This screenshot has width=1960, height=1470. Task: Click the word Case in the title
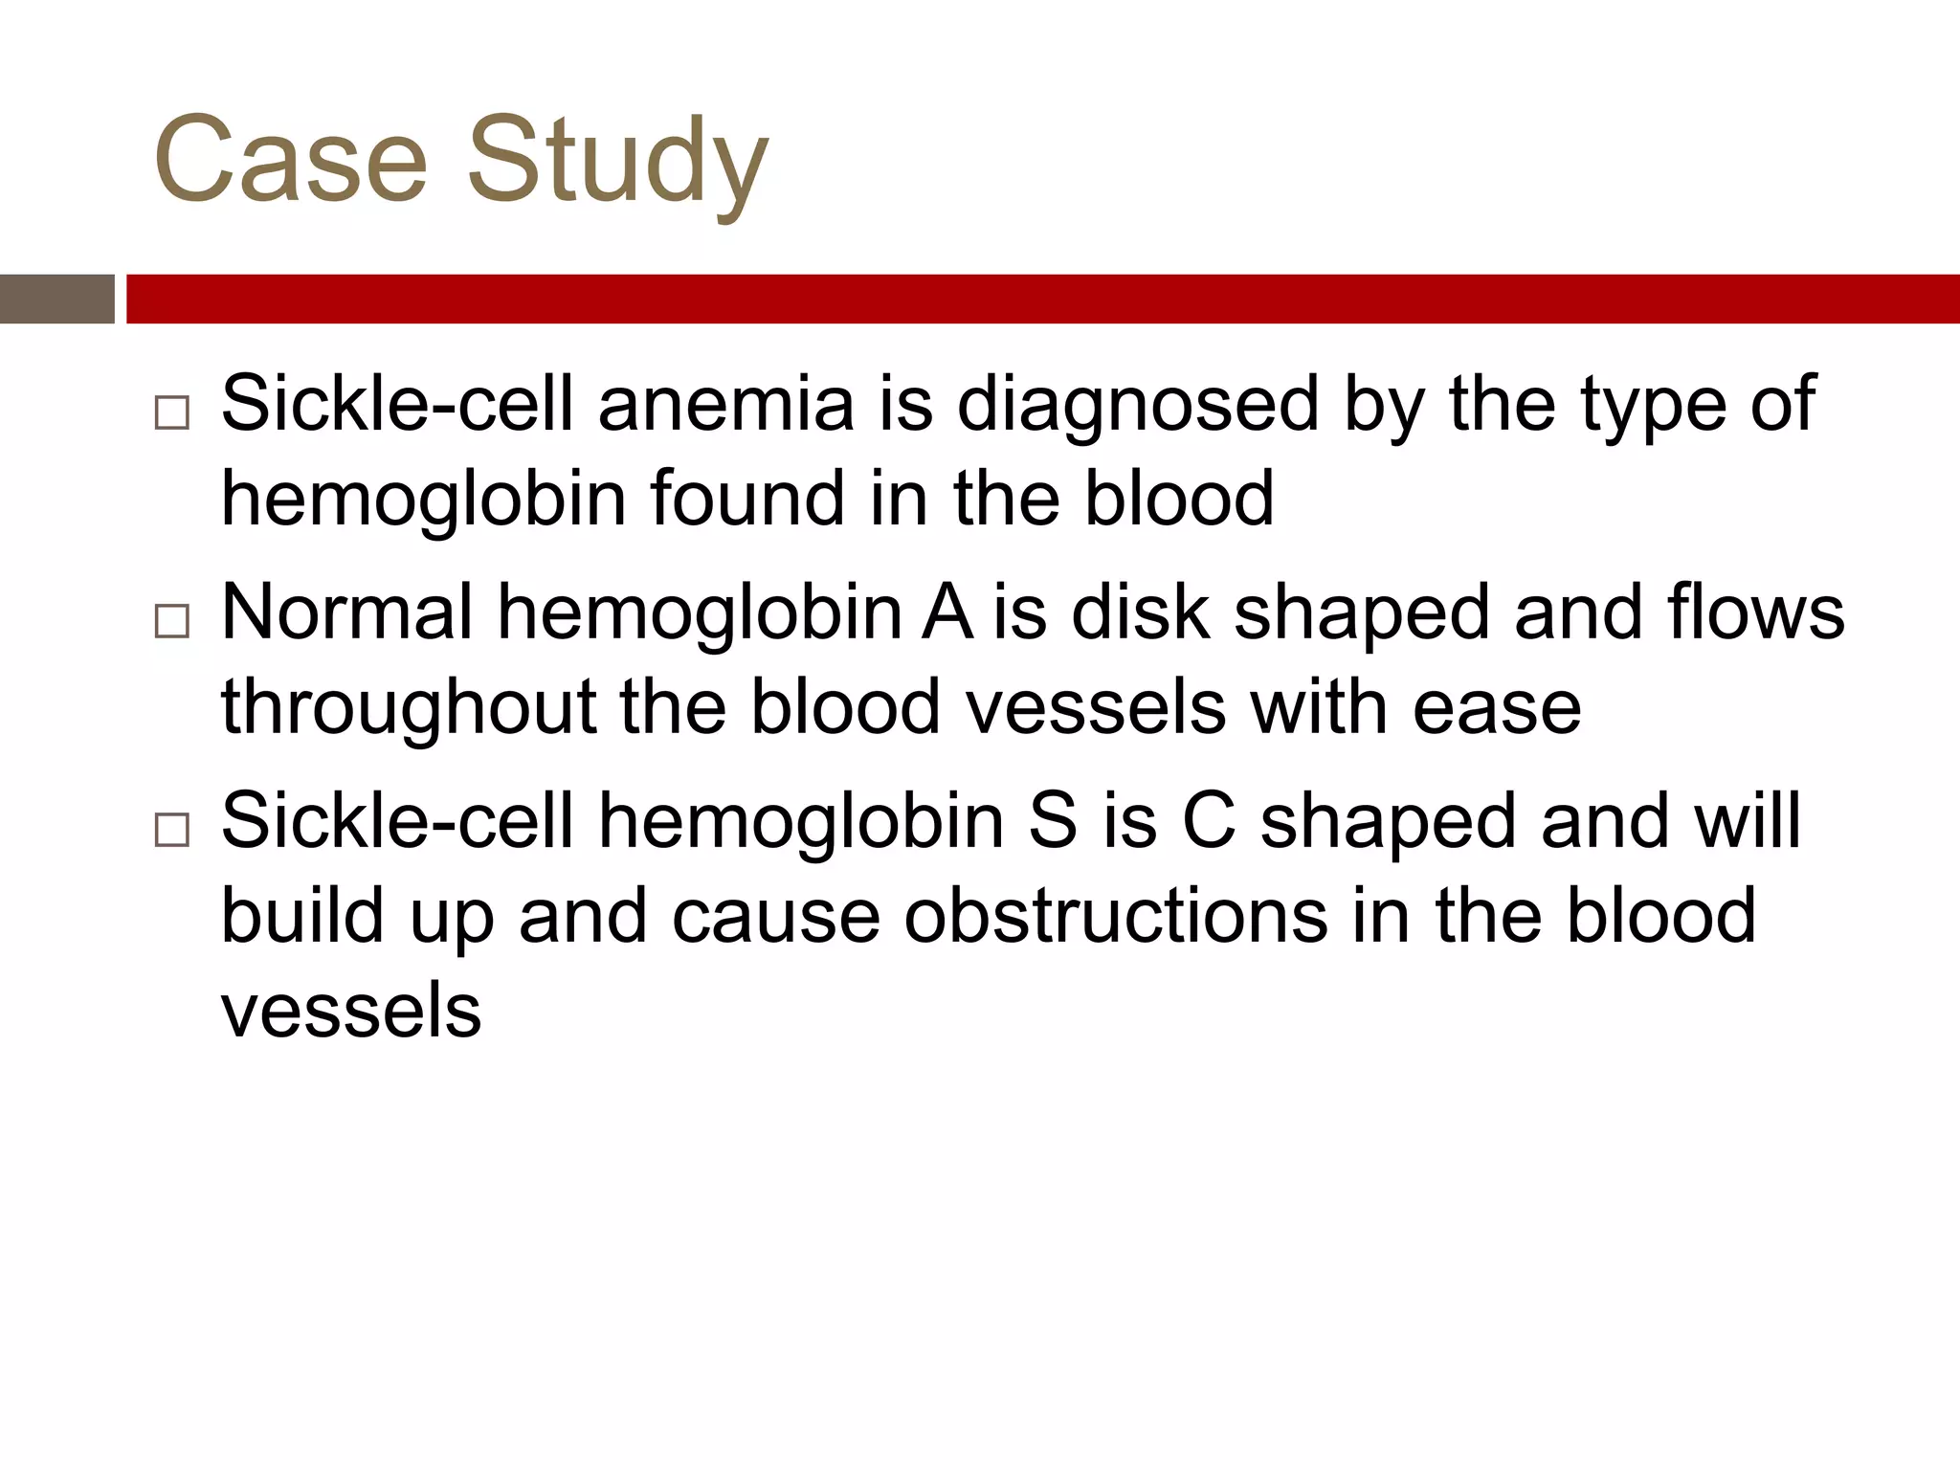(x=290, y=160)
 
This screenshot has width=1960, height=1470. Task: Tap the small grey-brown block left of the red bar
(x=57, y=299)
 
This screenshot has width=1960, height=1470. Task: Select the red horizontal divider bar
(x=1043, y=299)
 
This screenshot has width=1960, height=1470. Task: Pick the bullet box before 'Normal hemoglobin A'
(x=172, y=621)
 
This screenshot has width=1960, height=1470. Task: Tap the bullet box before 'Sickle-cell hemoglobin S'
(x=172, y=829)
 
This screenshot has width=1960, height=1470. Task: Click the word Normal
(x=347, y=612)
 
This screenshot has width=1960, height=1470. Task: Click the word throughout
(x=409, y=709)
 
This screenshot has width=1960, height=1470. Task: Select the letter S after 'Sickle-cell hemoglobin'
(x=1053, y=821)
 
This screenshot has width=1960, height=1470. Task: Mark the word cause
(x=776, y=916)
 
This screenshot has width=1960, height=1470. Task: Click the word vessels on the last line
(x=351, y=1011)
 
